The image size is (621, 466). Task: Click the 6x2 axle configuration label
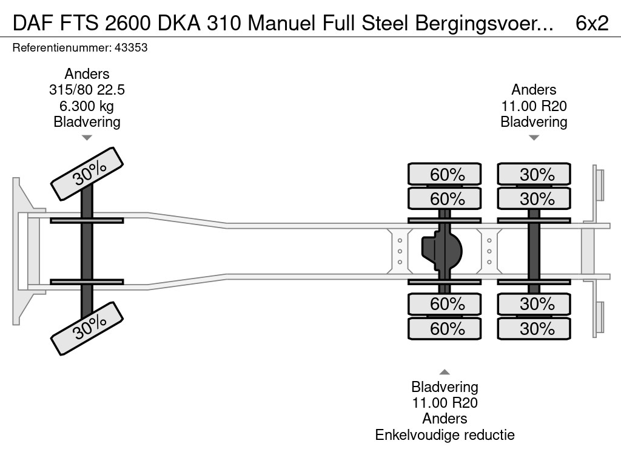tap(592, 22)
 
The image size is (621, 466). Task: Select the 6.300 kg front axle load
tap(87, 106)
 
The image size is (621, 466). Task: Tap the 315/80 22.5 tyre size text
tap(87, 90)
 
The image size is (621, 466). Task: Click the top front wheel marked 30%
tap(87, 174)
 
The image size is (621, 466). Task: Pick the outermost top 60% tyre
tap(445, 175)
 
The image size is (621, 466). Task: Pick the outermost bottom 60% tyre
tap(445, 329)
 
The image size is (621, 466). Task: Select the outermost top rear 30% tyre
tap(534, 175)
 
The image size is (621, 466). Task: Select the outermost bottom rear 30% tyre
tap(534, 329)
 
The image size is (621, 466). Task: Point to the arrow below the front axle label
tap(87, 138)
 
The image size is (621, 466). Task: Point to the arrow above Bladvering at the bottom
tap(445, 372)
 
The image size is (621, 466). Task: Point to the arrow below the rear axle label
tap(534, 138)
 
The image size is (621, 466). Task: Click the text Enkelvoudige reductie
tap(445, 434)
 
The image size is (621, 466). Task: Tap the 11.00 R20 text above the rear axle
tap(534, 106)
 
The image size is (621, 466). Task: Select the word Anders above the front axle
tap(87, 74)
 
